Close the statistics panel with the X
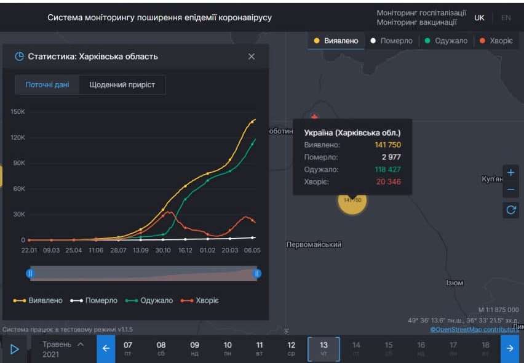click(252, 57)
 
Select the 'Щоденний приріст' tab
click(122, 85)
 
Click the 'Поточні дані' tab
click(47, 85)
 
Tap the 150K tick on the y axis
click(18, 112)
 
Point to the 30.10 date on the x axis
click(162, 250)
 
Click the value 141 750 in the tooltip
click(387, 145)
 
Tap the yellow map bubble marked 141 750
click(352, 200)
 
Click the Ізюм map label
click(455, 283)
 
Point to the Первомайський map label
click(314, 245)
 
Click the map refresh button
click(510, 210)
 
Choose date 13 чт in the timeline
click(324, 348)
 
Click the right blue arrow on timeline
click(509, 349)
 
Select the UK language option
click(479, 18)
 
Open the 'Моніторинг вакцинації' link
click(416, 23)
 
